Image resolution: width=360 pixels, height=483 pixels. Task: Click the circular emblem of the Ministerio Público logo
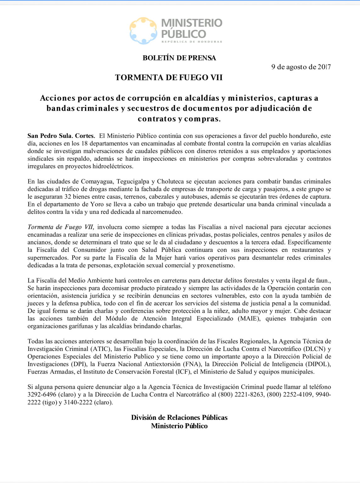coord(143,31)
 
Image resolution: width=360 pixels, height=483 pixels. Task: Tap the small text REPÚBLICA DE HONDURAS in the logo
coord(192,42)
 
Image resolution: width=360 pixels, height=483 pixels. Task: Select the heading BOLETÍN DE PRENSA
coord(179,58)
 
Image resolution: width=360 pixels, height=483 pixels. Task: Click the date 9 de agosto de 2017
coord(301,67)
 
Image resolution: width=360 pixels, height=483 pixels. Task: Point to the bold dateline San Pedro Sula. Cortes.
coord(61,136)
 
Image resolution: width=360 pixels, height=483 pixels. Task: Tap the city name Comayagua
coord(98,181)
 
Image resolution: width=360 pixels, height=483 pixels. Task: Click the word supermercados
coord(48,258)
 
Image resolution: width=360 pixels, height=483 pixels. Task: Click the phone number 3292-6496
coord(42,395)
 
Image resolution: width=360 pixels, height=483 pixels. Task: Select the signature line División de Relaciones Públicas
coord(179,418)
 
